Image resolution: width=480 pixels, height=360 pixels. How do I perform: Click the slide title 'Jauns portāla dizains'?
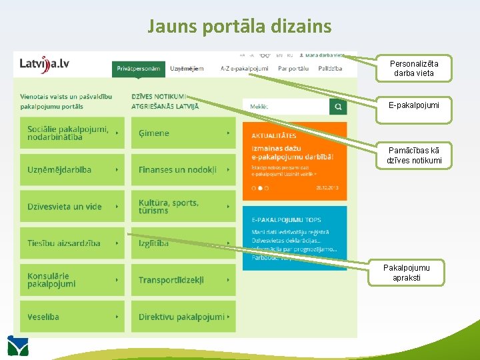coord(239,26)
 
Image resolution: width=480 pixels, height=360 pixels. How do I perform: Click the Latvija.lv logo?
coord(44,64)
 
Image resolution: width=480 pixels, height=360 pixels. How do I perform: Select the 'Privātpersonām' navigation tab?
coord(138,69)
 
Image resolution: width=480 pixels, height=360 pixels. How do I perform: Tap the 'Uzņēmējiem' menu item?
coord(187,69)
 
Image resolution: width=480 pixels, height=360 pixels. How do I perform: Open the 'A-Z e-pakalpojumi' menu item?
coord(244,69)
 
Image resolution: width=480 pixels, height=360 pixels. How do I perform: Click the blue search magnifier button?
coord(338,107)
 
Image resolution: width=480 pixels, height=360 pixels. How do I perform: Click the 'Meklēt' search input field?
coord(287,107)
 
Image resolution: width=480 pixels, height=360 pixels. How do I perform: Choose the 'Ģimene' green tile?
coord(183,133)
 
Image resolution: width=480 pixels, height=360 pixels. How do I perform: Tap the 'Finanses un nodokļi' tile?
coord(183,170)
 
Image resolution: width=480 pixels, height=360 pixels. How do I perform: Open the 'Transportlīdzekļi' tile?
coord(183,280)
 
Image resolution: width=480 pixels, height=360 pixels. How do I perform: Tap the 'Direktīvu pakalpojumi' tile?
coord(183,317)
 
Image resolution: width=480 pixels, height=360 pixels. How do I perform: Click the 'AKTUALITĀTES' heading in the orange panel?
coord(274,136)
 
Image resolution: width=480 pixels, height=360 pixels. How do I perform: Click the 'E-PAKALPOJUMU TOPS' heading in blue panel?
coord(286,219)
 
